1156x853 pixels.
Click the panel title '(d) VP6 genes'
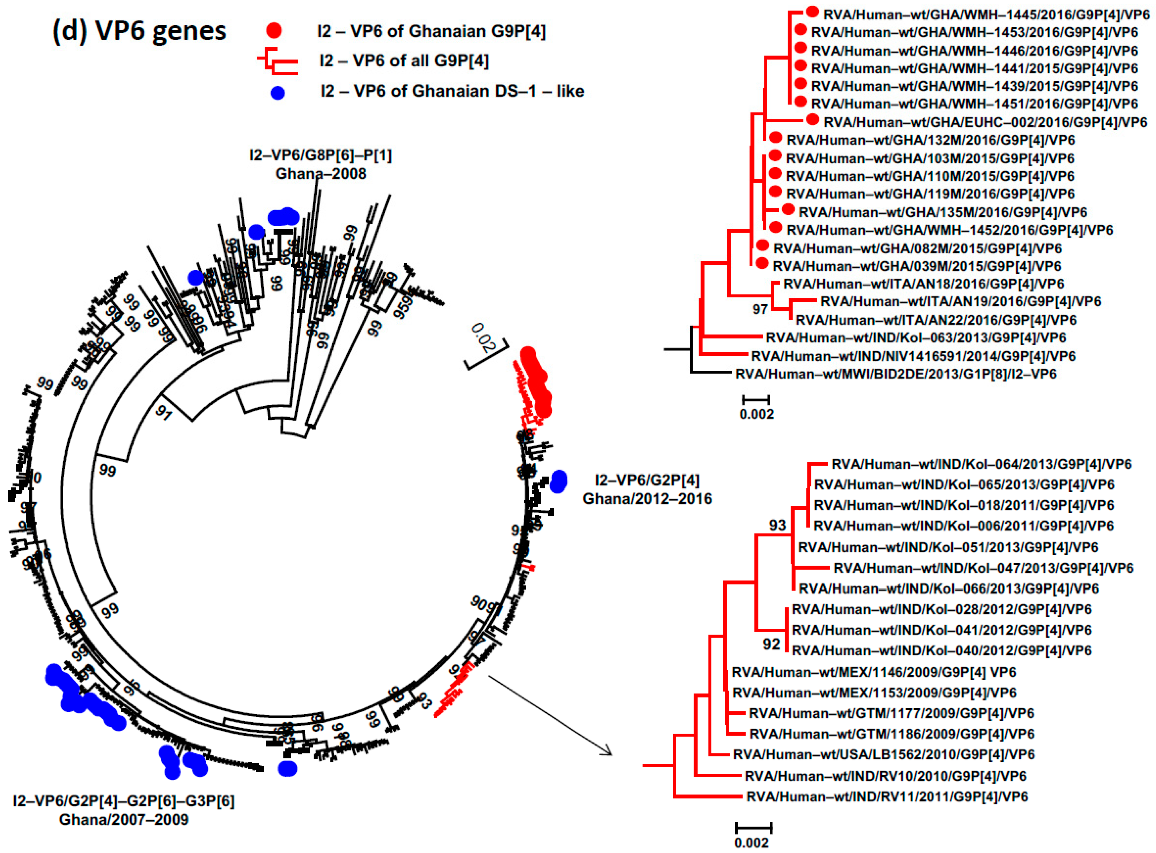pyautogui.click(x=139, y=31)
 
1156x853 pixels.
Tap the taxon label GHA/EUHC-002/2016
pyautogui.click(x=985, y=123)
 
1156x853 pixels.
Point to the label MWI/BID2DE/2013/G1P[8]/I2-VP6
pyautogui.click(x=895, y=374)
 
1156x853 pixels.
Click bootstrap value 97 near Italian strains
pyautogui.click(x=760, y=309)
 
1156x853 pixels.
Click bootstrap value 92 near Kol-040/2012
pyautogui.click(x=772, y=644)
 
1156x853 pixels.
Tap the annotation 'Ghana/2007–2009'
pyautogui.click(x=124, y=819)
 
